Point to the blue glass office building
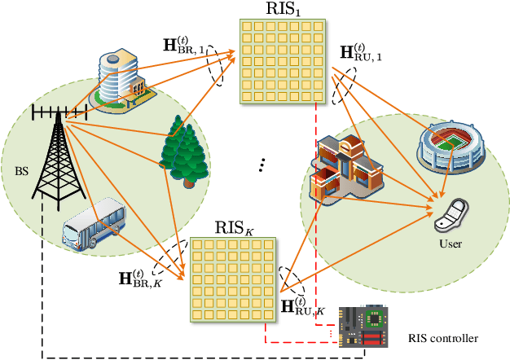121,80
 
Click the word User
450,243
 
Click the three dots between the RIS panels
262,165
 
